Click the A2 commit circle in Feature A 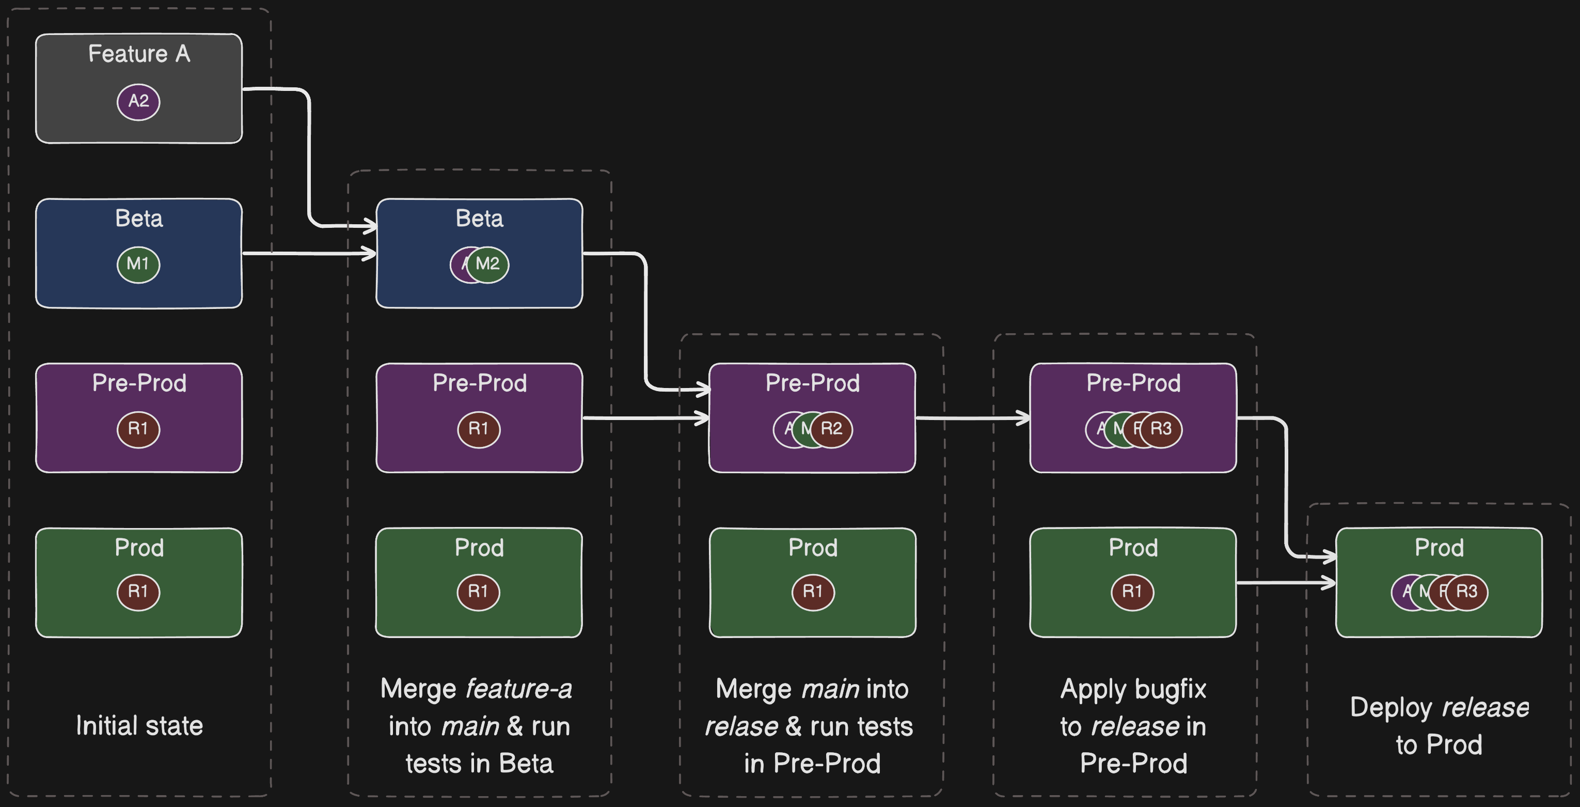(138, 101)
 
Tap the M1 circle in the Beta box (138, 265)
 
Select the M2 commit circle (488, 265)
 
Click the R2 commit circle (832, 429)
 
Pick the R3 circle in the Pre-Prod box (1161, 429)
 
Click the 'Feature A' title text (139, 54)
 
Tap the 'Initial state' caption (139, 726)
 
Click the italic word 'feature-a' (519, 689)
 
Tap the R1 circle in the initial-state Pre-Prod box (138, 429)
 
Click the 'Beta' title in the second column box (479, 219)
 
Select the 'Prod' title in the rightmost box (1439, 548)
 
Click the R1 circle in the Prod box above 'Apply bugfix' (1132, 592)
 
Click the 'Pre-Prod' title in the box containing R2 (812, 383)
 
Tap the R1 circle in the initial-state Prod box (138, 592)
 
